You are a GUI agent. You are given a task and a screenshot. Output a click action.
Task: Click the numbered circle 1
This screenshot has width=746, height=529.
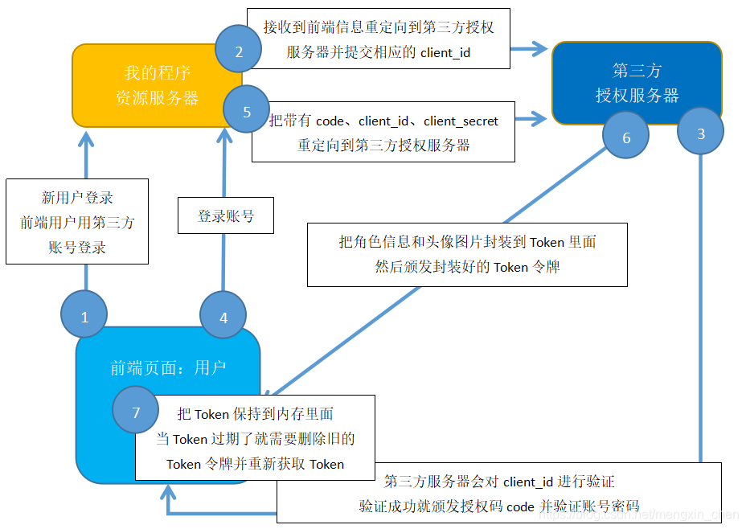coord(84,317)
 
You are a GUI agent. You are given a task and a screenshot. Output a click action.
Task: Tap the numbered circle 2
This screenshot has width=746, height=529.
coord(238,52)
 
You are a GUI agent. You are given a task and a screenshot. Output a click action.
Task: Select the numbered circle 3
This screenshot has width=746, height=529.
coord(700,133)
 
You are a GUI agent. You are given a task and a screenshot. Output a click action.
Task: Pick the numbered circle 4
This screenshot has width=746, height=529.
coord(223,317)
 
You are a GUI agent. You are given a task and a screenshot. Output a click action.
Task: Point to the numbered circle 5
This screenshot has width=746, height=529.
coord(247,112)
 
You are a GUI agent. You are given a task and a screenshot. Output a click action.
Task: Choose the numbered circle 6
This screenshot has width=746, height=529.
coord(626,137)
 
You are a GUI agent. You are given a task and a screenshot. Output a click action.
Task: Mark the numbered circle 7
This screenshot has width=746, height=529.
coord(136,412)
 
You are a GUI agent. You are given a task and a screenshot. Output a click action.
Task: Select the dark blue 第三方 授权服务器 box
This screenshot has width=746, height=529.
coord(637,83)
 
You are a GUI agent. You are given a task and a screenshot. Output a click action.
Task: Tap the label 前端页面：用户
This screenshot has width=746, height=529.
coord(168,367)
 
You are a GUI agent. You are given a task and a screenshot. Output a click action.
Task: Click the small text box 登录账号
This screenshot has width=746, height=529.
coord(226,216)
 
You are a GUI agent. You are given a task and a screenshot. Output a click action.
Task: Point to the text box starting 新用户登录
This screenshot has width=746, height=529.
coord(77,222)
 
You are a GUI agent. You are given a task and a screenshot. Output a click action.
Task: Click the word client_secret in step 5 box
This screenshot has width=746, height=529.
coord(461,121)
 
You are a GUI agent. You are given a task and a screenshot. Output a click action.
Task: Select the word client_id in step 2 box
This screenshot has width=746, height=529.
coord(445,52)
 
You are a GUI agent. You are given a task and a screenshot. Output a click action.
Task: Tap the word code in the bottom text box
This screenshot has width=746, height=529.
coord(519,506)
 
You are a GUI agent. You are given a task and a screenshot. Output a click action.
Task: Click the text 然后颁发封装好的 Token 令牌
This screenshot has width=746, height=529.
coord(467,267)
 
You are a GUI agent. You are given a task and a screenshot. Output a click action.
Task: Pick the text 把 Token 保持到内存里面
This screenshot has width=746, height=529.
coord(255,414)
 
